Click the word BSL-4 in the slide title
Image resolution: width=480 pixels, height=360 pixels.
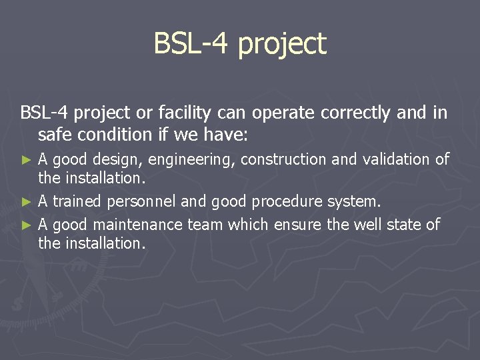[x=191, y=44]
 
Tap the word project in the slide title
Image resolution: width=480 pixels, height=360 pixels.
[x=281, y=45]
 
